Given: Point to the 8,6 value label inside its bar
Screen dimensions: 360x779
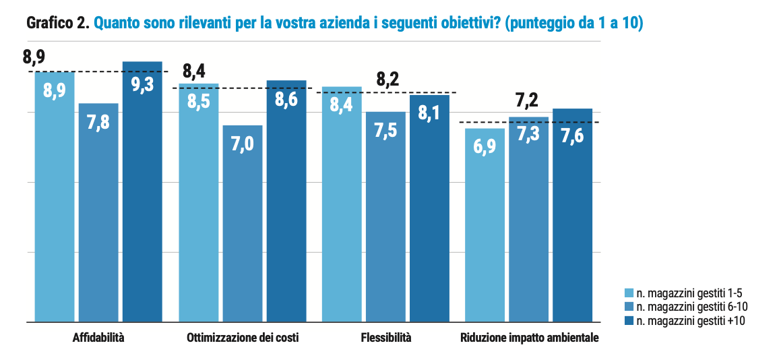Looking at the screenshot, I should point(286,100).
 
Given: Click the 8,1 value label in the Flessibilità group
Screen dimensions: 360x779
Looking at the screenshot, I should point(429,113).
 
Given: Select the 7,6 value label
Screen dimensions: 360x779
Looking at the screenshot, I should point(572,136).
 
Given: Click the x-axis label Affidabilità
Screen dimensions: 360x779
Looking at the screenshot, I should point(98,337).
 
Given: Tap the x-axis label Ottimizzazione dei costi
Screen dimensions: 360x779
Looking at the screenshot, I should point(243,337).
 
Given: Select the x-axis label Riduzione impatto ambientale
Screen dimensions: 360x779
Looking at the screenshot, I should point(529,337).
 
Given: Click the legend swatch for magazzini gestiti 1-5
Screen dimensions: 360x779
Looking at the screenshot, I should point(629,293).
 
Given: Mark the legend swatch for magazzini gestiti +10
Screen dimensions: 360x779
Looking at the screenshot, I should point(629,321).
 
